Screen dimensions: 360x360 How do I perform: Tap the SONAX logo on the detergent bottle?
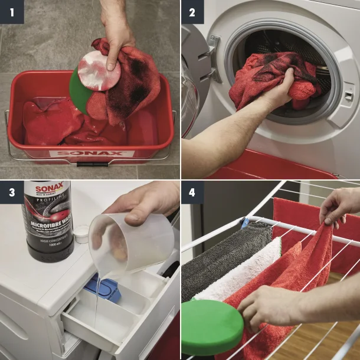coord(47,189)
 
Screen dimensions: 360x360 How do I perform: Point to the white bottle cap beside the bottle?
coord(81,233)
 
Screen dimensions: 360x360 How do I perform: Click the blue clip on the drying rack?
coord(245,222)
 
